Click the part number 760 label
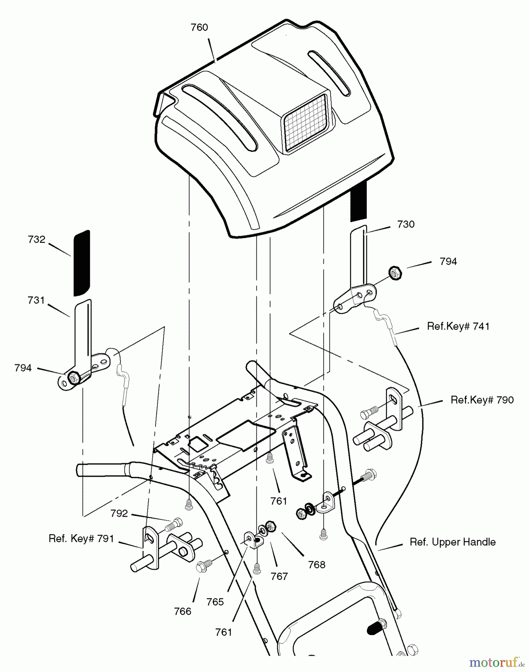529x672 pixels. coord(199,28)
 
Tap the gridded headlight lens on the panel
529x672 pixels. coord(306,122)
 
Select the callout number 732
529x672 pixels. coord(37,240)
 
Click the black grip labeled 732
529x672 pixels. coord(82,263)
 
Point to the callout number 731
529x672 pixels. coord(36,300)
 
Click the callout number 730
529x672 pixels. coord(406,224)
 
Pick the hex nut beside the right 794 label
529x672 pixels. coord(395,273)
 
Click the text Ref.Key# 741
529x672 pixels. coord(458,326)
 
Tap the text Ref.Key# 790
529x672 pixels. coord(482,400)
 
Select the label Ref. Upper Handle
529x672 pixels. coord(453,542)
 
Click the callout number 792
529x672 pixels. coord(119,514)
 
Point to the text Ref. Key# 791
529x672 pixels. coord(81,539)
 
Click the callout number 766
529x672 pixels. coord(183,611)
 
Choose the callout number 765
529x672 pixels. coord(215,602)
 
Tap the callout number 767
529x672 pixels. coord(279,576)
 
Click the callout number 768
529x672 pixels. coord(316,565)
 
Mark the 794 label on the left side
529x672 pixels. coord(23,368)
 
